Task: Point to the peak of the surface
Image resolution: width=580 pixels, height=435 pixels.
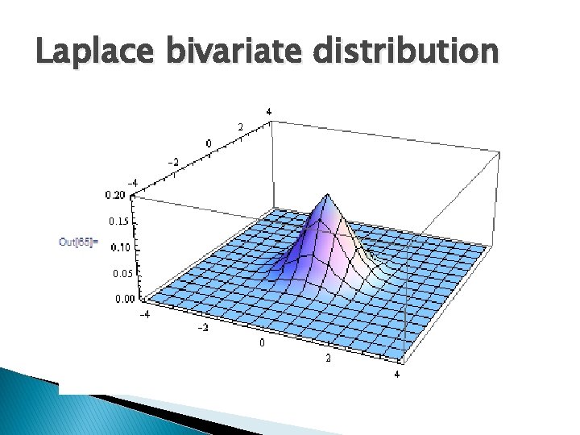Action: coord(326,196)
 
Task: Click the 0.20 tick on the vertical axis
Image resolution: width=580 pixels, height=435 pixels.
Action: coord(114,194)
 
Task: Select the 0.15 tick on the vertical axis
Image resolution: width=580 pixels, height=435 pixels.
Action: coord(118,221)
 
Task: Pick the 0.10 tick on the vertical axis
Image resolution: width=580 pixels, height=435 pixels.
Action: coord(120,246)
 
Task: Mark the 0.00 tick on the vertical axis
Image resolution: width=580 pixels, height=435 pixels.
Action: coord(125,299)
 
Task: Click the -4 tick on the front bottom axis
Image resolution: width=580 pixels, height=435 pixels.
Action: coord(146,315)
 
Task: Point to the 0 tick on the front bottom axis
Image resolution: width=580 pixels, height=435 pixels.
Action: coord(260,342)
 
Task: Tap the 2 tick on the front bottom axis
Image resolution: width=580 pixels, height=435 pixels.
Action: coord(328,358)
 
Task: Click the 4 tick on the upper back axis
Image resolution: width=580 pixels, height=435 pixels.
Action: coord(268,110)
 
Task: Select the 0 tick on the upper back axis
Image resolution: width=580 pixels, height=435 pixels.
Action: coord(209,143)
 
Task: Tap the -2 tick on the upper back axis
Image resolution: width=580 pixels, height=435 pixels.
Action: coord(173,162)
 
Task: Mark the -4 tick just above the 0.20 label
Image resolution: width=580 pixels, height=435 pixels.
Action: coord(134,182)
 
